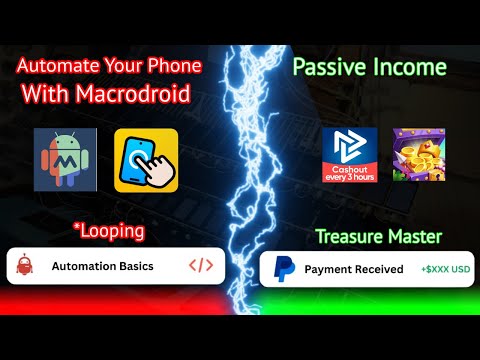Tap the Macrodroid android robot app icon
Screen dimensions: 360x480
[x=65, y=157]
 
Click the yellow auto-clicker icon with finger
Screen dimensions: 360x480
[x=146, y=157]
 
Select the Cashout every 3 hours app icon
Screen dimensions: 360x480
[x=350, y=155]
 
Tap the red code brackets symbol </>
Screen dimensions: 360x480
[x=201, y=266]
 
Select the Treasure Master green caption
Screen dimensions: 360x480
[x=378, y=237]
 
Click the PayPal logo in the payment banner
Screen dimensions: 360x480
[x=284, y=269]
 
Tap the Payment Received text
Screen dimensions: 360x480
[x=353, y=269]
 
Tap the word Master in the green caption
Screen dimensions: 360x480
[x=413, y=237]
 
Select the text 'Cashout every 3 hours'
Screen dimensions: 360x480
[x=350, y=171]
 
